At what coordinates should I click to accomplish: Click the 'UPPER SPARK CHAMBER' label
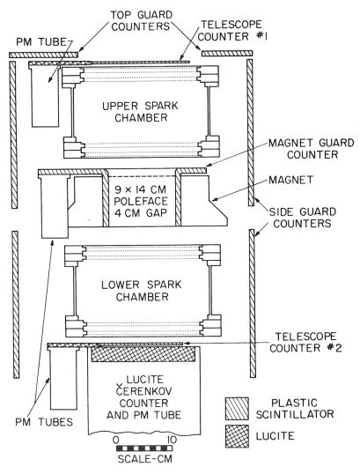(x=141, y=112)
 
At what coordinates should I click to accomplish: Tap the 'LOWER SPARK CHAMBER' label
(x=142, y=291)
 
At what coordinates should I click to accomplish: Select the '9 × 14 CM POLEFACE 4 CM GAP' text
(x=141, y=202)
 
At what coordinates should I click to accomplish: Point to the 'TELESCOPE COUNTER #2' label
(x=305, y=342)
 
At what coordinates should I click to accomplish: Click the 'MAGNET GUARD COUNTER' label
(x=311, y=148)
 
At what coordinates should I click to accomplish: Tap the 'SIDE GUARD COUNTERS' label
(x=302, y=218)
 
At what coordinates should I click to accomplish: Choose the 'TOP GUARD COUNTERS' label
(x=141, y=20)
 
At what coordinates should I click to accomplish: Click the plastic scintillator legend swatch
(x=237, y=409)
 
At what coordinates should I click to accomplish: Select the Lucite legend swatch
(x=237, y=436)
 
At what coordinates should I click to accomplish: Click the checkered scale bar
(x=144, y=448)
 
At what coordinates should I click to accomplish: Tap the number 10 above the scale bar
(x=172, y=440)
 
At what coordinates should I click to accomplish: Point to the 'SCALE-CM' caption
(x=144, y=459)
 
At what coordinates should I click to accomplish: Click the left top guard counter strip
(x=44, y=55)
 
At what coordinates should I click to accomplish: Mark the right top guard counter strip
(x=227, y=54)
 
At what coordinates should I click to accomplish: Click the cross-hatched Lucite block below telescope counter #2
(x=143, y=354)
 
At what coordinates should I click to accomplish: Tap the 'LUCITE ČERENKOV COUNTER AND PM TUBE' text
(x=143, y=397)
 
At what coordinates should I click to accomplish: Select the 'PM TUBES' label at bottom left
(x=44, y=422)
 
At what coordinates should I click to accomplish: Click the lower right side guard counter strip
(x=253, y=303)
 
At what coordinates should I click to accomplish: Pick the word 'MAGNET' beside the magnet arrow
(x=290, y=180)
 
